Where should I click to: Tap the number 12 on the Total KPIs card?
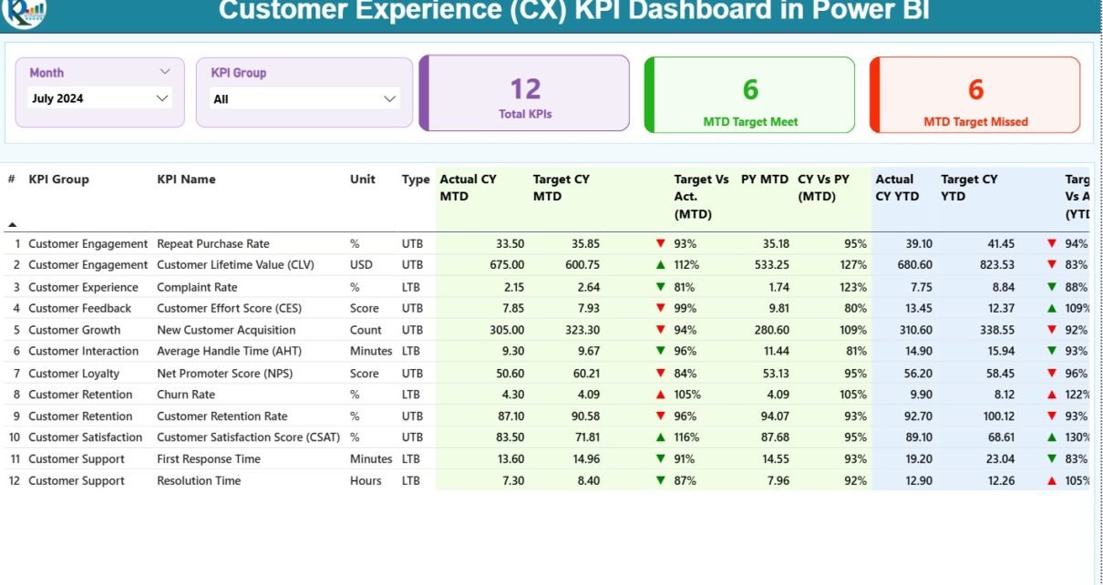pyautogui.click(x=525, y=88)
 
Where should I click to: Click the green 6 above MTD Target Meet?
pyautogui.click(x=750, y=89)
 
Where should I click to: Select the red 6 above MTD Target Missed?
pyautogui.click(x=975, y=89)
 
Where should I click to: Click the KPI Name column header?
pyautogui.click(x=186, y=180)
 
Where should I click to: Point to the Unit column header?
pyautogui.click(x=362, y=180)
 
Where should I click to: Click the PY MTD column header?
pyautogui.click(x=765, y=180)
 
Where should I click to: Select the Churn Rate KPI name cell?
pyautogui.click(x=186, y=395)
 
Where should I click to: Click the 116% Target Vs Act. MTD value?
pyautogui.click(x=686, y=437)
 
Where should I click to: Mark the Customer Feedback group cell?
pyautogui.click(x=79, y=308)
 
